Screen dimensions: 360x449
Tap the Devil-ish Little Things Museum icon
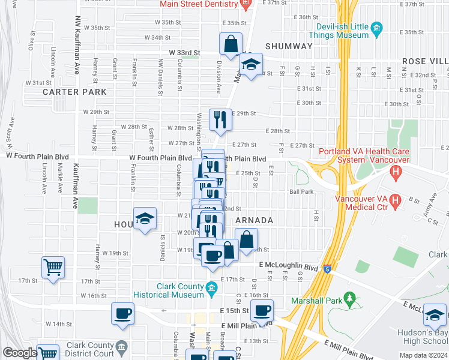tap(377, 28)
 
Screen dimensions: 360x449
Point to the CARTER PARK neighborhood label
tap(74, 92)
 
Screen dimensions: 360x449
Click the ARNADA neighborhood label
tap(254, 220)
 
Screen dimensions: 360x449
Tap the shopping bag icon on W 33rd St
tap(231, 43)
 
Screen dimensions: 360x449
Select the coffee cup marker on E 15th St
tap(262, 310)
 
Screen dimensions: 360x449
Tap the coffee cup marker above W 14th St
tap(122, 313)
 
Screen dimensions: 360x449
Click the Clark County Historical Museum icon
tap(211, 290)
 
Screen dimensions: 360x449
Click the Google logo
tap(19, 353)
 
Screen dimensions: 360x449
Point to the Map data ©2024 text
tap(423, 355)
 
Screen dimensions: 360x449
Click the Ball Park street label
tap(301, 192)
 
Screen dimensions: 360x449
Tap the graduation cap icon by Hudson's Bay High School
tap(435, 314)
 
